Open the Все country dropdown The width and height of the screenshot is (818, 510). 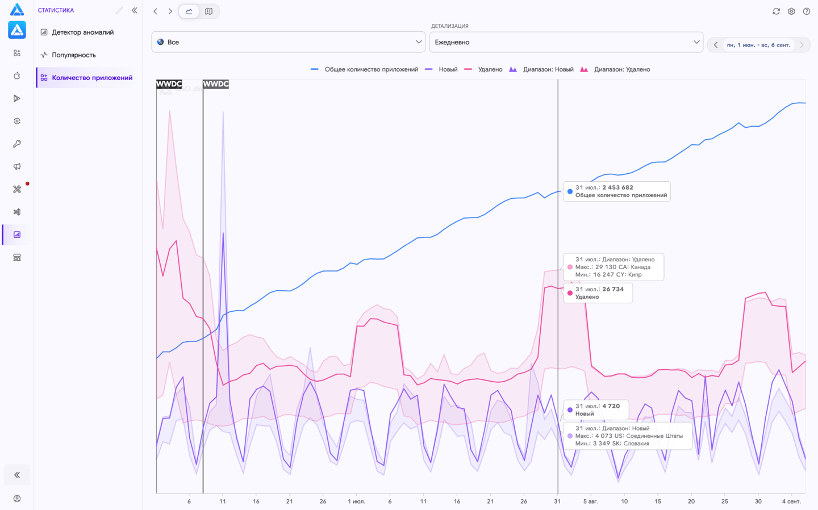288,42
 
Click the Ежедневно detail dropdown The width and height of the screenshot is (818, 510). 566,42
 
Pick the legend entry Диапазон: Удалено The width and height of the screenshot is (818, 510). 615,69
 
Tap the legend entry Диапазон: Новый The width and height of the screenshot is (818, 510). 541,69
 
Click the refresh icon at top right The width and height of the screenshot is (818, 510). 776,11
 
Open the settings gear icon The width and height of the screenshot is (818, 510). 791,11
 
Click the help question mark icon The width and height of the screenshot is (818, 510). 806,11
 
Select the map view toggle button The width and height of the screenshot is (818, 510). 208,11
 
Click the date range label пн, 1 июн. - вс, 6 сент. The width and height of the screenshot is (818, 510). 758,45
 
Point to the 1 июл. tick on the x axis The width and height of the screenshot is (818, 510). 356,501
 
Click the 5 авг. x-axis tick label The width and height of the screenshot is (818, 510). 591,501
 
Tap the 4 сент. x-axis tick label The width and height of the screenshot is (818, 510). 791,501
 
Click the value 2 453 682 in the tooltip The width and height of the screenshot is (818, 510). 618,187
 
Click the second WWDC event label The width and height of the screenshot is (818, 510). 216,84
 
